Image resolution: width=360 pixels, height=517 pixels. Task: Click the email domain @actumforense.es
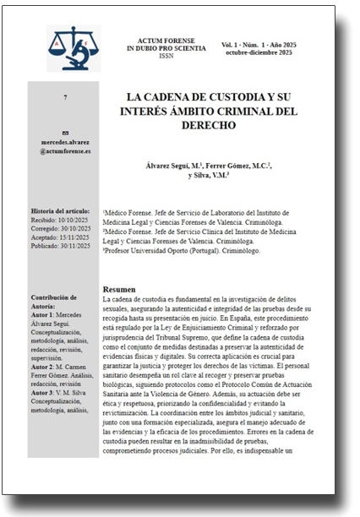(x=65, y=150)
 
